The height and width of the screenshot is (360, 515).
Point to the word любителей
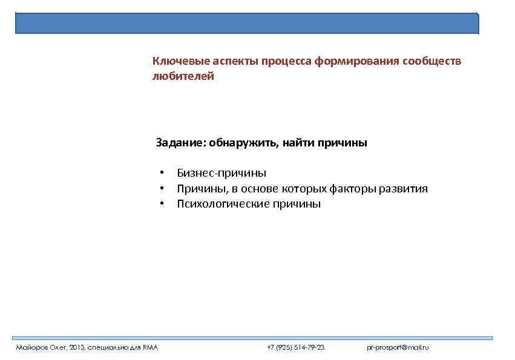click(x=183, y=77)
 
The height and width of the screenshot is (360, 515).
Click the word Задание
click(x=180, y=143)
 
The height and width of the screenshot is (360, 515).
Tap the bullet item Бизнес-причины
click(x=221, y=174)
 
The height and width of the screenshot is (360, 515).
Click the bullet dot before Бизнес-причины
click(x=162, y=174)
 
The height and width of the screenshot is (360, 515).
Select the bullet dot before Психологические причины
click(x=162, y=204)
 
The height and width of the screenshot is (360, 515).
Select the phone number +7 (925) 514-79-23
click(x=296, y=348)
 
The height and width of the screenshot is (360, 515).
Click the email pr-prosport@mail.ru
click(x=398, y=348)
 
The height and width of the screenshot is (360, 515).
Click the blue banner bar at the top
click(x=247, y=23)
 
